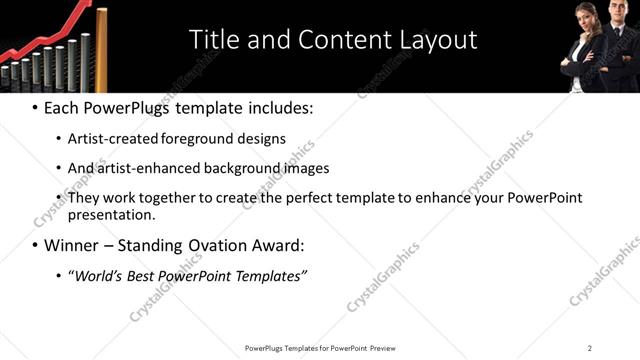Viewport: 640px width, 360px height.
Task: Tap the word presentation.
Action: pos(111,215)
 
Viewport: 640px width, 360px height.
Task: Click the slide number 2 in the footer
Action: pos(590,348)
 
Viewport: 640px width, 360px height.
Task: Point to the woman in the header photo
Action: pos(581,45)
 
